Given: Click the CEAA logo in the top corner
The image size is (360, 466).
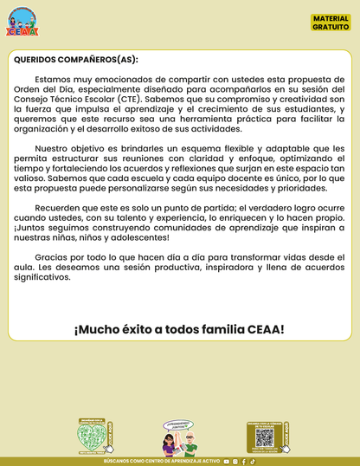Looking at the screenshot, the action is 22,21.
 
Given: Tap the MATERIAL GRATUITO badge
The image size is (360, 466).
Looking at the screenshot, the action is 331,23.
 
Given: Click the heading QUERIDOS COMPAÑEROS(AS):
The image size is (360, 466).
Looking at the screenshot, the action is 75,60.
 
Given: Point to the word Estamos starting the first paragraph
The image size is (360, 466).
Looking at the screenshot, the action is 53,80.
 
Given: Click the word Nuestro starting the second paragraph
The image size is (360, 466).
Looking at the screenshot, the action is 57,148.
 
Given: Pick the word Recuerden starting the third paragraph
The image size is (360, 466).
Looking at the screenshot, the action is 61,208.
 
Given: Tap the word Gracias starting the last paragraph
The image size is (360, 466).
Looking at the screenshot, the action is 54,257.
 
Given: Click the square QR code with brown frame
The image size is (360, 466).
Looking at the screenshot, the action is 264,437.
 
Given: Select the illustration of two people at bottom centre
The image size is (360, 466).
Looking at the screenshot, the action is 180,438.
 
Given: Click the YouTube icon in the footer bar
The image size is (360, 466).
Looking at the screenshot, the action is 227,462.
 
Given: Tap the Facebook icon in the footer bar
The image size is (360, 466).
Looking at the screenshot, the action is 244,462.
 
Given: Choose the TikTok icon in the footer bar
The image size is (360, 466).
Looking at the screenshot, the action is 253,462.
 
